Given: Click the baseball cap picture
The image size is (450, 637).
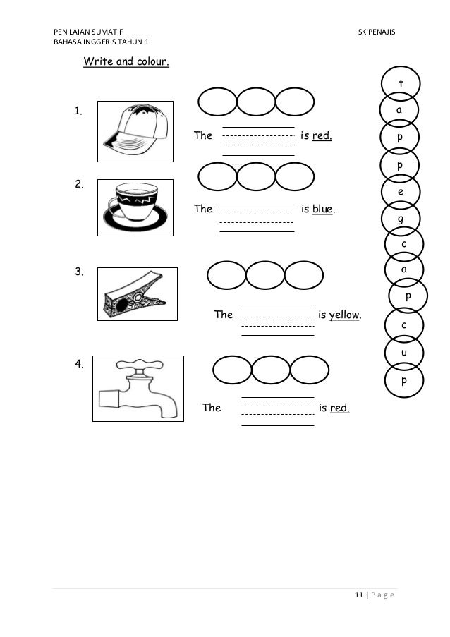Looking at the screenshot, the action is click(x=135, y=131).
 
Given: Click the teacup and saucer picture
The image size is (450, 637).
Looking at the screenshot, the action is click(x=135, y=208).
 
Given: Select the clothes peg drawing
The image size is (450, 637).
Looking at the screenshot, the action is click(x=136, y=299).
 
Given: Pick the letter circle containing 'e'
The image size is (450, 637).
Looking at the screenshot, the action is click(x=401, y=192).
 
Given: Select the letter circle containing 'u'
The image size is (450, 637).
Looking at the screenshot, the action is click(x=403, y=351).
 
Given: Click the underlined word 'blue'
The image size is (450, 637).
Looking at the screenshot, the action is click(x=323, y=210).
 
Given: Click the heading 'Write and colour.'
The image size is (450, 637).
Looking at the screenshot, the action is click(x=126, y=62).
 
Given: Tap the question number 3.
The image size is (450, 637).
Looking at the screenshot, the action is click(x=80, y=272).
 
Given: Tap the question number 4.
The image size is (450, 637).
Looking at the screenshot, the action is click(x=80, y=365).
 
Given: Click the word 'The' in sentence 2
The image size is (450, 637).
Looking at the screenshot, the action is click(x=203, y=210).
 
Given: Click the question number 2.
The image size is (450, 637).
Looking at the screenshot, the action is click(x=80, y=185).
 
